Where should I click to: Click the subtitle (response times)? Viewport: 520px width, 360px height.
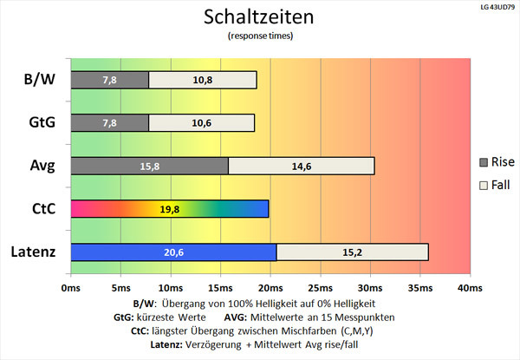(x=259, y=36)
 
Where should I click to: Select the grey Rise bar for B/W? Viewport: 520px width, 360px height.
(x=109, y=80)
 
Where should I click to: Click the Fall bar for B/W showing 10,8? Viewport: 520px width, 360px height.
(x=203, y=80)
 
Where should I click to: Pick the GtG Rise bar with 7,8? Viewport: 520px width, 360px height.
(x=109, y=122)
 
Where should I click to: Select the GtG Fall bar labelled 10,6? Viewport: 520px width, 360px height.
(x=201, y=122)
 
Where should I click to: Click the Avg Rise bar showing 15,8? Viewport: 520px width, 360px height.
(x=149, y=166)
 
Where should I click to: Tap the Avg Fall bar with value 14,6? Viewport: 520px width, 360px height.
(x=301, y=166)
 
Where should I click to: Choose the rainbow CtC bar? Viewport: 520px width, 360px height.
(x=169, y=209)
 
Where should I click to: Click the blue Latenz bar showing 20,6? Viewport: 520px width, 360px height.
(x=173, y=252)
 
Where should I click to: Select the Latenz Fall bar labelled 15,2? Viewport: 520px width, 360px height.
(x=352, y=252)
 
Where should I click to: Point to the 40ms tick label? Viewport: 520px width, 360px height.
(x=470, y=287)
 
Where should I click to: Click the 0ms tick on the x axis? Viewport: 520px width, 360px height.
(x=70, y=287)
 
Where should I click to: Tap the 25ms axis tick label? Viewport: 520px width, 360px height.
(x=320, y=287)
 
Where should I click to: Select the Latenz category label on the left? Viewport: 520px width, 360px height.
(x=35, y=252)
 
